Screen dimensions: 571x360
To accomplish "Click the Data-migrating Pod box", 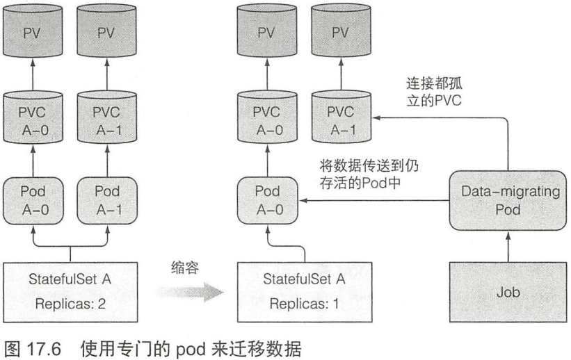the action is click(x=508, y=201).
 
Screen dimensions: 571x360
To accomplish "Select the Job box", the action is click(x=508, y=293).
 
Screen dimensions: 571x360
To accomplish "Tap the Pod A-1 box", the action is click(x=107, y=201).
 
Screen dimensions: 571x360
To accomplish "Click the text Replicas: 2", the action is click(x=70, y=304).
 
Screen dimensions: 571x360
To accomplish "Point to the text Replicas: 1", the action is click(x=305, y=304).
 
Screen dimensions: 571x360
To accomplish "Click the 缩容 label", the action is click(x=185, y=268).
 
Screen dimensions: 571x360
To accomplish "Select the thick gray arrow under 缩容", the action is click(x=190, y=292).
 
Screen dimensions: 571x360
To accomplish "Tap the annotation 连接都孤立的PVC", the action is click(x=434, y=92).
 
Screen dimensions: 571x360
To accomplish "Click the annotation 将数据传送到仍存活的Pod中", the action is click(x=369, y=174).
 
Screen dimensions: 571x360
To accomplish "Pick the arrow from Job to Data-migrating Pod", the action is click(x=508, y=247).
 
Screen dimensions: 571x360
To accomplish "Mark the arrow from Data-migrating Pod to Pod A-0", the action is click(x=374, y=201).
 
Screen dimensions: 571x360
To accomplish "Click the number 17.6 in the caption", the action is click(x=43, y=349).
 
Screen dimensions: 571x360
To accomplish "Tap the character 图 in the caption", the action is click(x=13, y=349).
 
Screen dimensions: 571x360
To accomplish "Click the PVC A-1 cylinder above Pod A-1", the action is click(x=107, y=117).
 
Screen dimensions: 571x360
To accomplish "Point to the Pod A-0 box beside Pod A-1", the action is click(x=33, y=201).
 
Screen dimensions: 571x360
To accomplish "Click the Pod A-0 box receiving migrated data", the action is click(x=267, y=201).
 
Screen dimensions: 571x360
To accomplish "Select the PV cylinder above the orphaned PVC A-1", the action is click(x=341, y=31).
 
